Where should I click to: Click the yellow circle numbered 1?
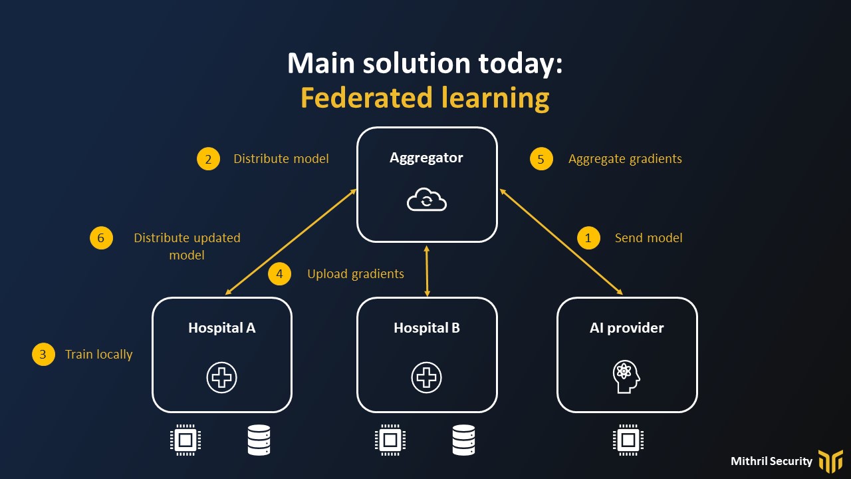click(x=588, y=238)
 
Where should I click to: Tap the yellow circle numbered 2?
click(x=208, y=159)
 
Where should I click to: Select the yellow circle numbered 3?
click(x=43, y=355)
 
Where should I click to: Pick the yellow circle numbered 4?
click(x=280, y=274)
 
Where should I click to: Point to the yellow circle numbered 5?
click(x=541, y=159)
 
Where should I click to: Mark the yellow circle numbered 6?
click(x=101, y=238)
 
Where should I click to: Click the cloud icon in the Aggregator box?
click(x=427, y=200)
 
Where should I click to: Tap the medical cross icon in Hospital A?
click(x=221, y=378)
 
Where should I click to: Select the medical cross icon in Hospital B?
click(x=426, y=378)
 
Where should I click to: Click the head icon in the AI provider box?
click(x=626, y=377)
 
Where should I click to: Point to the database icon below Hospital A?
click(x=259, y=440)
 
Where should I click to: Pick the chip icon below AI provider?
click(x=628, y=440)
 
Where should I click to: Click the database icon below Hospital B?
click(x=463, y=440)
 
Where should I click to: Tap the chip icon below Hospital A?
click(x=185, y=440)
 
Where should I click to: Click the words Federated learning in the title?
click(x=425, y=98)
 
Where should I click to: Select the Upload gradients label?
click(x=356, y=274)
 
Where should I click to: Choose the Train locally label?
click(x=98, y=355)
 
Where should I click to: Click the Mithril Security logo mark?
click(x=830, y=460)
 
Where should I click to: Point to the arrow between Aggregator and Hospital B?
click(x=427, y=269)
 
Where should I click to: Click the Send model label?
click(x=648, y=238)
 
